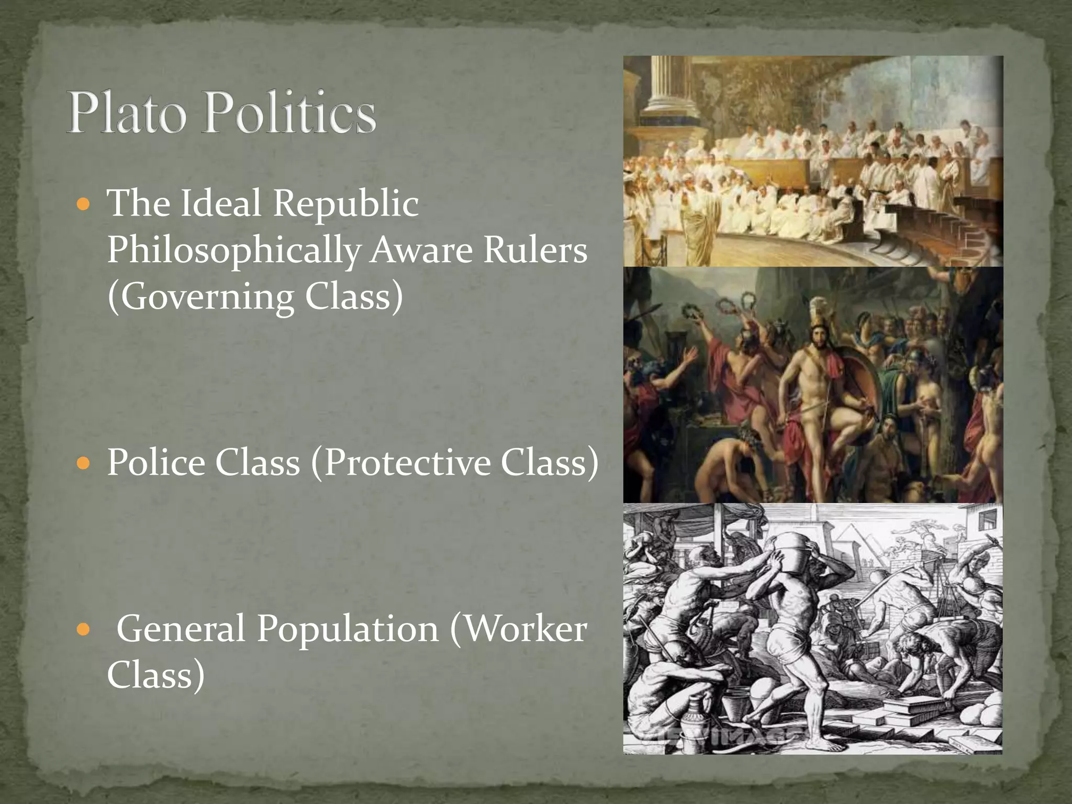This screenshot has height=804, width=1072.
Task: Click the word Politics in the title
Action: click(x=289, y=113)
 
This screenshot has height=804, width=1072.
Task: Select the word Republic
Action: click(x=346, y=204)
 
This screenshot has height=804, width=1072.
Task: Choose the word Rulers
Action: click(x=534, y=250)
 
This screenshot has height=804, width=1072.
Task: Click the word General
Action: click(x=181, y=628)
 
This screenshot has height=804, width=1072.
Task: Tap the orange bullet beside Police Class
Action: click(x=83, y=463)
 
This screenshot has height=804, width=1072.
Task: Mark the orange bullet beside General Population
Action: click(x=83, y=629)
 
